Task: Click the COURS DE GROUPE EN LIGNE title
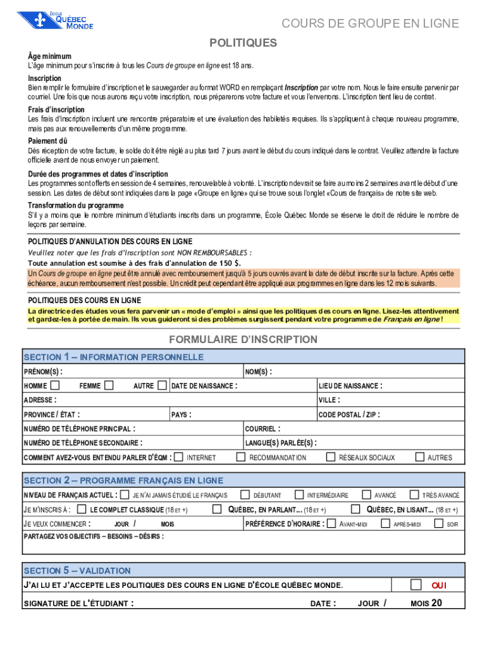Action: (x=370, y=24)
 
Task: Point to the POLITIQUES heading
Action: (x=244, y=43)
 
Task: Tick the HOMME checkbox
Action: (x=56, y=385)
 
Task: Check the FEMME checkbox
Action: (x=109, y=385)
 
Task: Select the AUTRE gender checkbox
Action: (x=163, y=385)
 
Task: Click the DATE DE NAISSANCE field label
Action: (x=204, y=386)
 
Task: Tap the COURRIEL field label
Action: (x=262, y=428)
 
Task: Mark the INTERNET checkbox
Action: (x=179, y=457)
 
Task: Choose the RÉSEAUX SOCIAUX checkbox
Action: (x=331, y=457)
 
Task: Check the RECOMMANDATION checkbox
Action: (x=241, y=457)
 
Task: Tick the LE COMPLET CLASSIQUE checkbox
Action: (x=82, y=509)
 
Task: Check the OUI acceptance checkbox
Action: (x=416, y=584)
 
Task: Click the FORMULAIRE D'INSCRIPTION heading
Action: (x=243, y=339)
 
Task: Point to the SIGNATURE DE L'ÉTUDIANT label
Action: (x=78, y=603)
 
